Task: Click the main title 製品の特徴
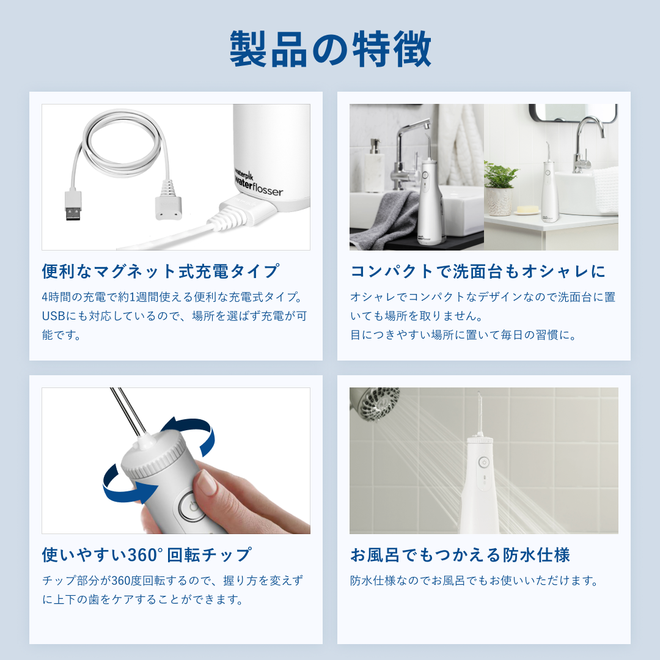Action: tap(331, 49)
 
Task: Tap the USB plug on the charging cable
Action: tap(73, 205)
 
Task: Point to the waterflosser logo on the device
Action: tap(258, 183)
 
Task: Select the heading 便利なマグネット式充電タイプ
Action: tap(160, 271)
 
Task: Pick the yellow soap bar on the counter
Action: tap(527, 209)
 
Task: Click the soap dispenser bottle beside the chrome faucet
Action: tap(375, 166)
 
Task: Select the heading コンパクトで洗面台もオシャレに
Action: tap(478, 271)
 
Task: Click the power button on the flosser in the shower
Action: tap(483, 463)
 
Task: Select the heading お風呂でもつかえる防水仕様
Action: tap(460, 555)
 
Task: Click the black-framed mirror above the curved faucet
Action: tap(573, 112)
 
